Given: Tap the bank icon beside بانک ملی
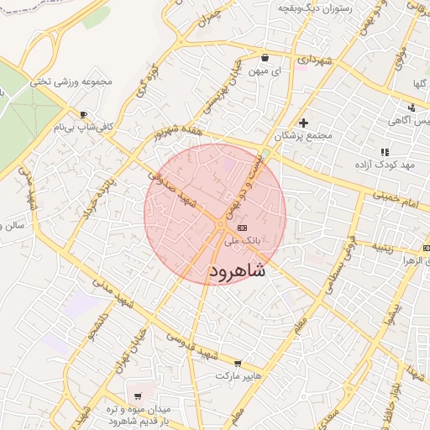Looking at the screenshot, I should click(243, 228).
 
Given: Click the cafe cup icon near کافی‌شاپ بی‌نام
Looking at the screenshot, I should click(83, 114).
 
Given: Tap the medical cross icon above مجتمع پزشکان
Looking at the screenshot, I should click(304, 123).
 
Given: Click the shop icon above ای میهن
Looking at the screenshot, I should click(265, 58).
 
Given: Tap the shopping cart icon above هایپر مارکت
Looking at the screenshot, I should click(238, 364).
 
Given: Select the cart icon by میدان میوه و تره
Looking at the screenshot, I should click(137, 396).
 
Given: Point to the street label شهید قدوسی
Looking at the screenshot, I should click(192, 345).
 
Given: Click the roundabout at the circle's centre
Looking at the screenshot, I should click(220, 225).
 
